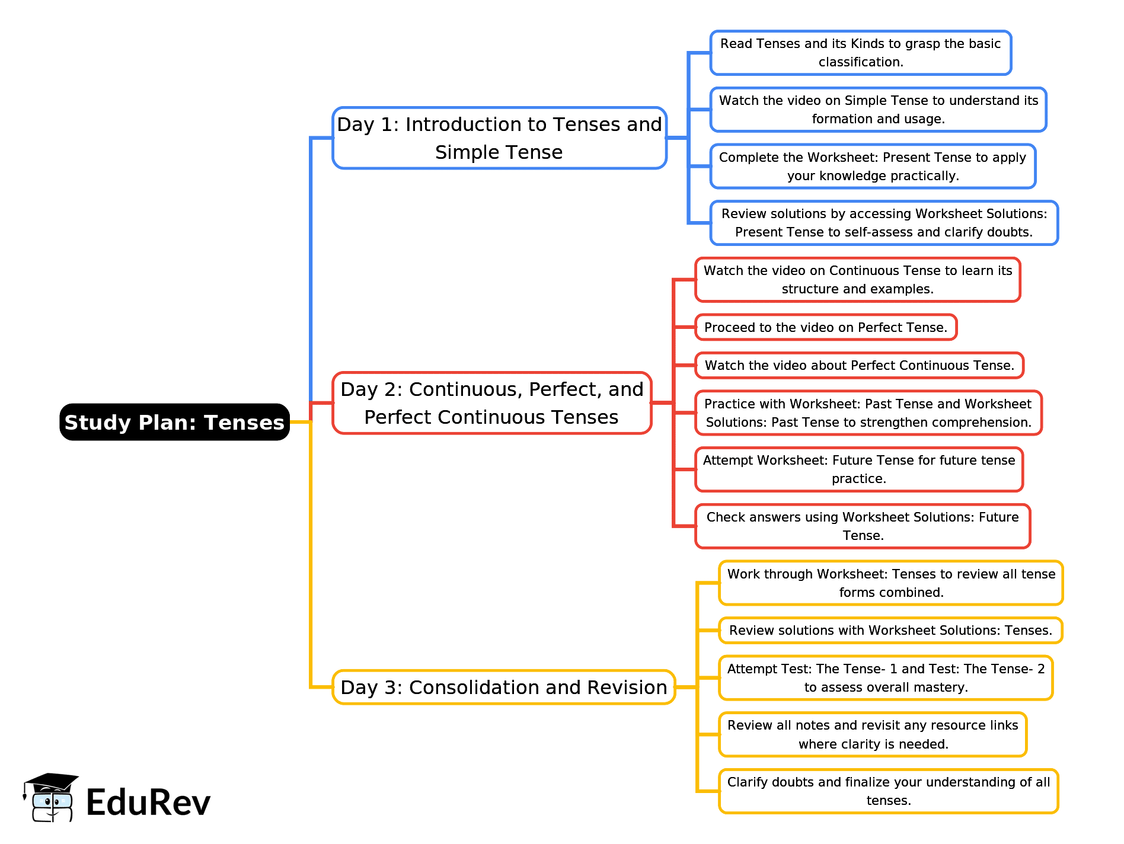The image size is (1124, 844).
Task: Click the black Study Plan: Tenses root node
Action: click(174, 422)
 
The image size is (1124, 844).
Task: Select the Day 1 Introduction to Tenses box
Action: click(499, 138)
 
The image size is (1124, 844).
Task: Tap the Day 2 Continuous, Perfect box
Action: click(491, 403)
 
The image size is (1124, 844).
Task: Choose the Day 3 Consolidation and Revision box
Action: click(503, 687)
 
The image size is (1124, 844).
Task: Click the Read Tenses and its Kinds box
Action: click(860, 53)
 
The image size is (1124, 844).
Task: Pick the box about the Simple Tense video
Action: click(878, 110)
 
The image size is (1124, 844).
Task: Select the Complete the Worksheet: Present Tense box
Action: click(873, 167)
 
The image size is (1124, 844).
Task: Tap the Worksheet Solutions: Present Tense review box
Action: click(884, 223)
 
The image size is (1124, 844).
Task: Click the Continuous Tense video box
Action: click(857, 280)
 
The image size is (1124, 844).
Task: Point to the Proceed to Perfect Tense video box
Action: click(826, 327)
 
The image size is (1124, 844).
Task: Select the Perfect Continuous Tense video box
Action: click(859, 365)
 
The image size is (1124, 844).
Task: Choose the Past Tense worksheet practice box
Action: click(868, 413)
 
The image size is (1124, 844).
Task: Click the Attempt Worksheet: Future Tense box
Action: click(859, 469)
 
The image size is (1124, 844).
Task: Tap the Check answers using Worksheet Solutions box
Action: click(863, 526)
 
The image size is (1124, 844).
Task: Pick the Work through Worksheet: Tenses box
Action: click(891, 583)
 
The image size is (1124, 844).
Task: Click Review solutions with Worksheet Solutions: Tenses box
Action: click(890, 630)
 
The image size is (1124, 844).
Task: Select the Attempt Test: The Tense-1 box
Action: click(886, 677)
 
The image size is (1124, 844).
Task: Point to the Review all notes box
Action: click(873, 734)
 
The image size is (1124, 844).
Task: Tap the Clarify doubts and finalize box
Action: click(889, 791)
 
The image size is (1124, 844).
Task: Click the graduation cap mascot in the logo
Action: click(50, 797)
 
